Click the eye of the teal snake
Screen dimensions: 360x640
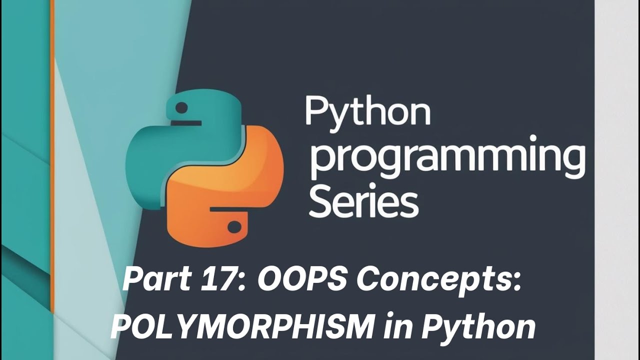pos(181,107)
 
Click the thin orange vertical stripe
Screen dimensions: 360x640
pos(52,150)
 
